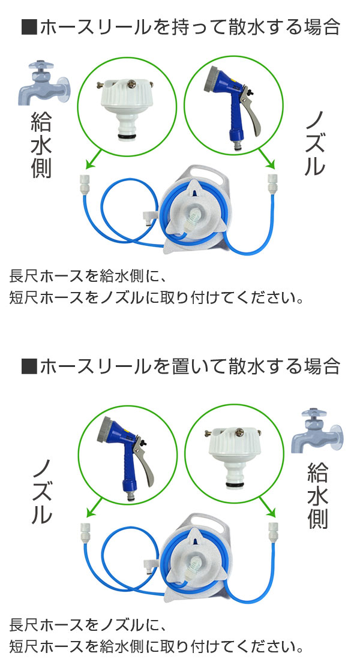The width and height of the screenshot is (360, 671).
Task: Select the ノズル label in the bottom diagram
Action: click(41, 491)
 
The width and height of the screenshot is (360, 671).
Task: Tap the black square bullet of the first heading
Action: click(28, 28)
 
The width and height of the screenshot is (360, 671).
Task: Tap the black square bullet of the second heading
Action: click(28, 366)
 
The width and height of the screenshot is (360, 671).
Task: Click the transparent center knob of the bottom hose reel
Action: click(193, 564)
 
